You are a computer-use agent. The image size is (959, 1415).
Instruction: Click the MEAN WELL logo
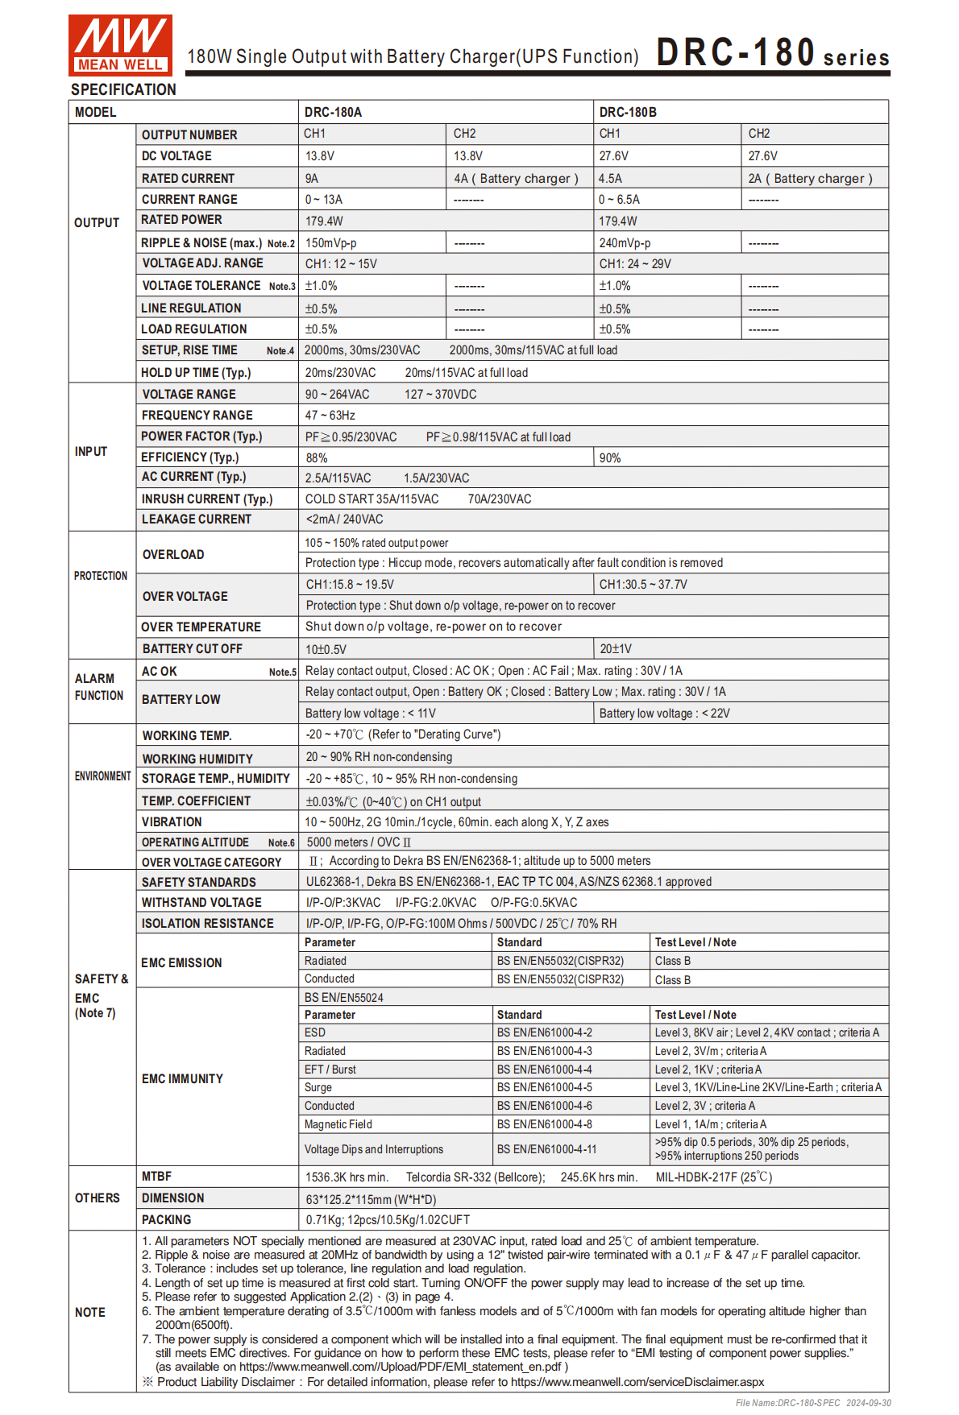point(120,45)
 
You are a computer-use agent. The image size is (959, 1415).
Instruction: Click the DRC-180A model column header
point(333,112)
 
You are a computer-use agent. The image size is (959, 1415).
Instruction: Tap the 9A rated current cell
point(312,179)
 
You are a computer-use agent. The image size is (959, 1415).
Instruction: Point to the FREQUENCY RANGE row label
point(197,416)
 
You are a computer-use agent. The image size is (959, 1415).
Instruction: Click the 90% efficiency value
point(610,458)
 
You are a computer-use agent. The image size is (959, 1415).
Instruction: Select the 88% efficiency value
point(317,458)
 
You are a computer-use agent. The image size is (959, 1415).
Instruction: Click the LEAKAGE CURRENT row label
point(196,519)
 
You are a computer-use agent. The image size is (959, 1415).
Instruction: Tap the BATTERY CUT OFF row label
point(192,649)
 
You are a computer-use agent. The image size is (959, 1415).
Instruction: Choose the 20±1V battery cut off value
point(616,649)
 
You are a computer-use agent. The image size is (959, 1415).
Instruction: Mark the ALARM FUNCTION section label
point(99,687)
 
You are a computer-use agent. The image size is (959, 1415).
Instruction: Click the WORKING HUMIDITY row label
point(197,759)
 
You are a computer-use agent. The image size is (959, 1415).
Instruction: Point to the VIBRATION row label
point(172,822)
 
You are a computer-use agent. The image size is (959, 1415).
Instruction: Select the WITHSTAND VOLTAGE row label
point(201,903)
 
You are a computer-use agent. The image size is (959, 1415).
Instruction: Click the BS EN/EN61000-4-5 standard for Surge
point(544,1087)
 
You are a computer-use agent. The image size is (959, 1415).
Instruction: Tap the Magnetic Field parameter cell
point(338,1124)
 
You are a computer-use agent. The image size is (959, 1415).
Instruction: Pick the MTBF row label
point(156,1177)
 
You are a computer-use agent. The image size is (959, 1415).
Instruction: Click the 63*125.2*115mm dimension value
point(371,1199)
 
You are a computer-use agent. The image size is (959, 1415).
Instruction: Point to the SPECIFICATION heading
point(123,89)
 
